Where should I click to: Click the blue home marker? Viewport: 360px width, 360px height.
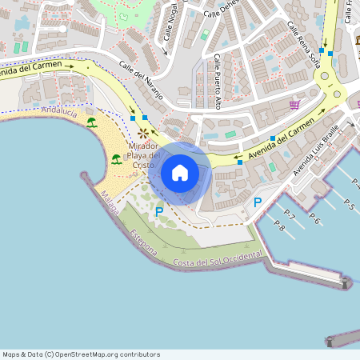[x=180, y=173]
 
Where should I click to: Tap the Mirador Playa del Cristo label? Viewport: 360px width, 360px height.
[x=143, y=155]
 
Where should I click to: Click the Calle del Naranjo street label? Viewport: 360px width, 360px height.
[x=141, y=80]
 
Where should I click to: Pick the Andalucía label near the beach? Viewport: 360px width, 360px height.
[x=59, y=113]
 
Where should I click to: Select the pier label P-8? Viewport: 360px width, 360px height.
[x=279, y=226]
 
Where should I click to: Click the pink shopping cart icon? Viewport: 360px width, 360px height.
[x=295, y=104]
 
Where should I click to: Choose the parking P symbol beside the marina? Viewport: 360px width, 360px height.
[x=257, y=203]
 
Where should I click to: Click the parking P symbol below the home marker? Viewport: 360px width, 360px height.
[x=158, y=211]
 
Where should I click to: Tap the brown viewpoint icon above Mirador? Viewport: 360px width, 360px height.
[x=143, y=133]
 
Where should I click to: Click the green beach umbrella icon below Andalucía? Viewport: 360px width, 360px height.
[x=91, y=122]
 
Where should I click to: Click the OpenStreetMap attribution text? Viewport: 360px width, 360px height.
[x=81, y=354]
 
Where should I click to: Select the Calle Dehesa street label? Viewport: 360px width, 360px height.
[x=221, y=11]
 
